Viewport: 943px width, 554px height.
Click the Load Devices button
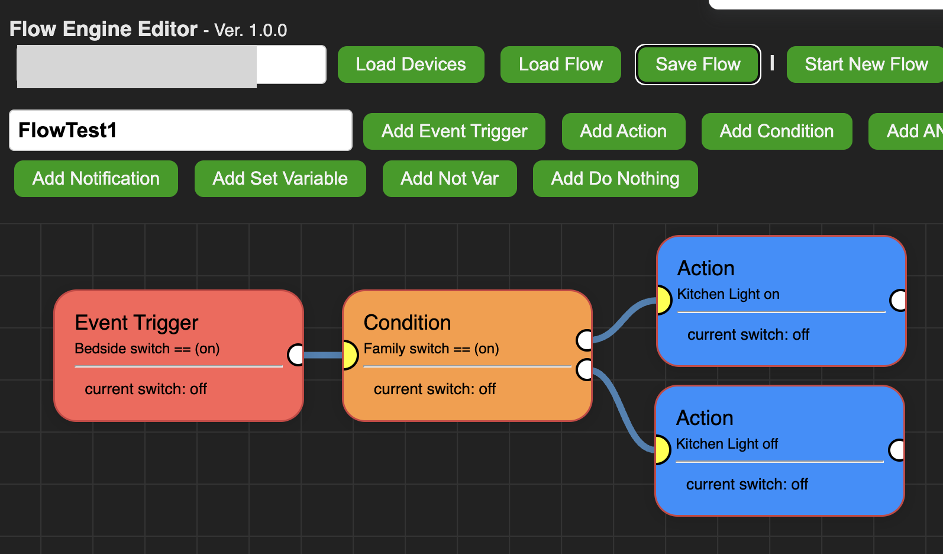coord(411,65)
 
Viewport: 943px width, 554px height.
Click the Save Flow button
coord(697,65)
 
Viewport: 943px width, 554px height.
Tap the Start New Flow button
coord(866,65)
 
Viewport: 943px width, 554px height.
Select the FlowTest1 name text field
coord(180,130)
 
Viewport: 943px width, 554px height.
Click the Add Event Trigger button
coord(454,131)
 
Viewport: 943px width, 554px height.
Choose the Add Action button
coord(623,131)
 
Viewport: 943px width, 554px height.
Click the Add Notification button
coord(96,179)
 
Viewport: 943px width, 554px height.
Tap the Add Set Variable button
coord(280,179)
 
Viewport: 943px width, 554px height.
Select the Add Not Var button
coord(449,179)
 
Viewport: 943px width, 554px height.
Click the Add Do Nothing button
coord(615,179)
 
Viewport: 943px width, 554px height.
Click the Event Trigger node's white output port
coord(295,355)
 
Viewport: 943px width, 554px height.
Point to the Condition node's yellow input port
coord(350,355)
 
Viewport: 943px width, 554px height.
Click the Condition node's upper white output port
coord(584,340)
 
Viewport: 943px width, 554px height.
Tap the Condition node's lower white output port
coord(584,369)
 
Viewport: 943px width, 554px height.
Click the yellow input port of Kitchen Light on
coord(664,300)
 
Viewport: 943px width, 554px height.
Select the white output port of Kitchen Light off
coord(897,450)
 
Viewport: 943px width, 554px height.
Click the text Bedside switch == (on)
coord(147,349)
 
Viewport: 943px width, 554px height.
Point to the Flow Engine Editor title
coord(104,29)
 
